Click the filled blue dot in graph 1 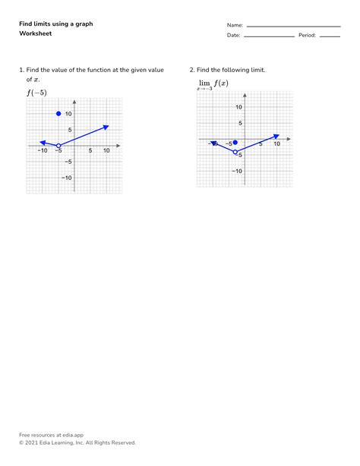tap(58, 114)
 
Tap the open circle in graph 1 tap(58, 145)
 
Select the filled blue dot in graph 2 tap(235, 142)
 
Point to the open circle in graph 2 tap(235, 153)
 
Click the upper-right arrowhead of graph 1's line tap(106, 126)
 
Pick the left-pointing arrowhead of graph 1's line tap(43, 142)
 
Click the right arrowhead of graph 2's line tap(276, 136)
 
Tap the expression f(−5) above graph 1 tap(36, 93)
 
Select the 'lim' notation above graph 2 tap(204, 83)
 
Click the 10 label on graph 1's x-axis tap(106, 151)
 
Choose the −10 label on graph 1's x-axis tap(43, 151)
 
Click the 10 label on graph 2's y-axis tap(238, 107)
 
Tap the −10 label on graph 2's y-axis tap(237, 171)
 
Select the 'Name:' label tap(234, 25)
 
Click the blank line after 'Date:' tap(270, 36)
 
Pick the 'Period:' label tap(307, 36)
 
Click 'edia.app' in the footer tap(71, 435)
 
